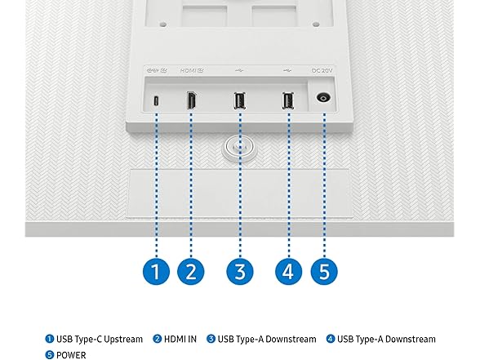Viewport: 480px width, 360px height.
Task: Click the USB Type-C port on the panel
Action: pyautogui.click(x=156, y=101)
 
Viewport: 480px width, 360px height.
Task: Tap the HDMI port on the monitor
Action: pyautogui.click(x=191, y=100)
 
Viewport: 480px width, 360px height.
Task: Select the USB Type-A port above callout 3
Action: pyautogui.click(x=239, y=100)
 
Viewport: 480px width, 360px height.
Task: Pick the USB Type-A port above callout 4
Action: pyautogui.click(x=287, y=100)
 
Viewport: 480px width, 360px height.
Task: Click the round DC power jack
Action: pyautogui.click(x=323, y=98)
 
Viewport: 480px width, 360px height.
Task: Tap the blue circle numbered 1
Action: pyautogui.click(x=156, y=271)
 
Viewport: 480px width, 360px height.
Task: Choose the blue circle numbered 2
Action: pyautogui.click(x=191, y=271)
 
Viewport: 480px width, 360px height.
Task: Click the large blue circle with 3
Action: pyautogui.click(x=240, y=271)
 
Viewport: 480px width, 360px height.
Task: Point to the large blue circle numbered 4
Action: pyautogui.click(x=288, y=271)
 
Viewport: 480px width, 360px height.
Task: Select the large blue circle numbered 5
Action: pyautogui.click(x=324, y=271)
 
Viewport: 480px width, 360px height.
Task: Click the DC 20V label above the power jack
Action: pyautogui.click(x=322, y=71)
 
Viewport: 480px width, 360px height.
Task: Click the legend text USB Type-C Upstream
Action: pyautogui.click(x=100, y=340)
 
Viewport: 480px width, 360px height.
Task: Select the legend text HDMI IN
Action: pyautogui.click(x=180, y=340)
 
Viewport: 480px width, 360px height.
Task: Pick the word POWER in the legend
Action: pyautogui.click(x=71, y=355)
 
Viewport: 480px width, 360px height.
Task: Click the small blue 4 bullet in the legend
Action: pyautogui.click(x=331, y=340)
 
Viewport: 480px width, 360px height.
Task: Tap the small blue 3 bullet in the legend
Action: pyautogui.click(x=211, y=340)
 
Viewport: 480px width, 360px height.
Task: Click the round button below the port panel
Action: pyautogui.click(x=240, y=149)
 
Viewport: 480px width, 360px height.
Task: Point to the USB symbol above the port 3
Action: pyautogui.click(x=239, y=70)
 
